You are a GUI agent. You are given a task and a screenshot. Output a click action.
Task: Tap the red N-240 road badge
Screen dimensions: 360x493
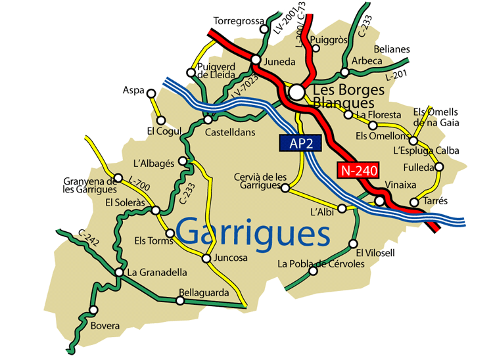(x=359, y=170)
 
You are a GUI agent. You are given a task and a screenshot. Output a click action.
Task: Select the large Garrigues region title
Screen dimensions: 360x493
(x=253, y=233)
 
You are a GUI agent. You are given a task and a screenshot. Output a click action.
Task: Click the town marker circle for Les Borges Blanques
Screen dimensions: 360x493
(x=297, y=91)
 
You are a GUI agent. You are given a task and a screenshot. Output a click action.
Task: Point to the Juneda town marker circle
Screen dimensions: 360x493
(x=256, y=60)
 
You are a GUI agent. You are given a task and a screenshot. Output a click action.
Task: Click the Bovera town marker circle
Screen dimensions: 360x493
(x=93, y=310)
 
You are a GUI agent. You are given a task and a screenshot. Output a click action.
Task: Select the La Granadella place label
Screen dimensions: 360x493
(x=157, y=272)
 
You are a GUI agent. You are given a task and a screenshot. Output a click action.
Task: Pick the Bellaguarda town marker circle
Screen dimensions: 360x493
(x=179, y=302)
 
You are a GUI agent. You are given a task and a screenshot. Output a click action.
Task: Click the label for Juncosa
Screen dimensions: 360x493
(x=230, y=258)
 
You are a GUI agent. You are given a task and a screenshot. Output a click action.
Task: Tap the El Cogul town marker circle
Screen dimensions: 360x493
(x=160, y=120)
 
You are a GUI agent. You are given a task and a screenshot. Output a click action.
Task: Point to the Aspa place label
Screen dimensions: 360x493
(x=133, y=91)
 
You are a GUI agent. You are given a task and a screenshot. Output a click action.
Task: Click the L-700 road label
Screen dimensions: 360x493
(x=140, y=186)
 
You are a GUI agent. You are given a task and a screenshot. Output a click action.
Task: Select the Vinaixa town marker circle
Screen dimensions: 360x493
(x=380, y=200)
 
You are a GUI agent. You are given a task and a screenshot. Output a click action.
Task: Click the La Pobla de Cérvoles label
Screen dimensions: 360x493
(x=321, y=264)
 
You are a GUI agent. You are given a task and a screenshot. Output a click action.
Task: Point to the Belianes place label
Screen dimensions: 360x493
(x=391, y=49)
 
